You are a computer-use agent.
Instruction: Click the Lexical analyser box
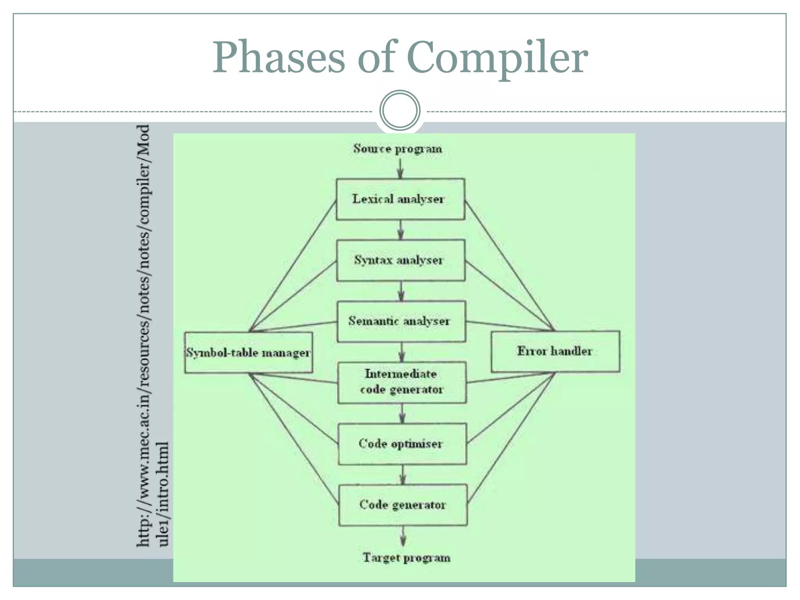(400, 199)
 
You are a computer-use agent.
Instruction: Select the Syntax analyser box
(400, 260)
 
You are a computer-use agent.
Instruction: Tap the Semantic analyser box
(401, 321)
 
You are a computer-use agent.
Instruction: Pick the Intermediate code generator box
(402, 382)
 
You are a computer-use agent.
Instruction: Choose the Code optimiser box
(402, 444)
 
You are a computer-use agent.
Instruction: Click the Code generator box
(403, 505)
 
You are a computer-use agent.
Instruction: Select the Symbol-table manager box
(248, 353)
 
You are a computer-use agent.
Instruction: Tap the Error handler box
(555, 351)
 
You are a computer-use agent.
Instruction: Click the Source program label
(398, 149)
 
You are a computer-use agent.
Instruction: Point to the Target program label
(406, 557)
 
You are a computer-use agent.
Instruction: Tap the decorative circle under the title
(400, 111)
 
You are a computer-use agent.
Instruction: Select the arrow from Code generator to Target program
(403, 536)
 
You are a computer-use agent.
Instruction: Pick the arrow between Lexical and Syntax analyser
(400, 230)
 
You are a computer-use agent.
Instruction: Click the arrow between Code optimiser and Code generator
(403, 475)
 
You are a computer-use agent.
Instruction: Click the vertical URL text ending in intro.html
(152, 336)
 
